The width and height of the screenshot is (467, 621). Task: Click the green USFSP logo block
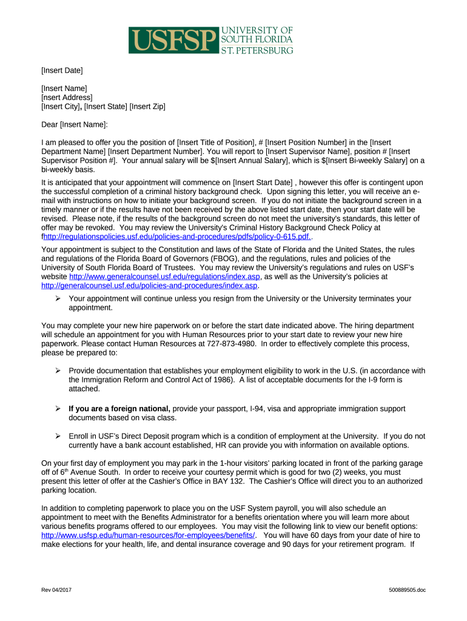(173, 40)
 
